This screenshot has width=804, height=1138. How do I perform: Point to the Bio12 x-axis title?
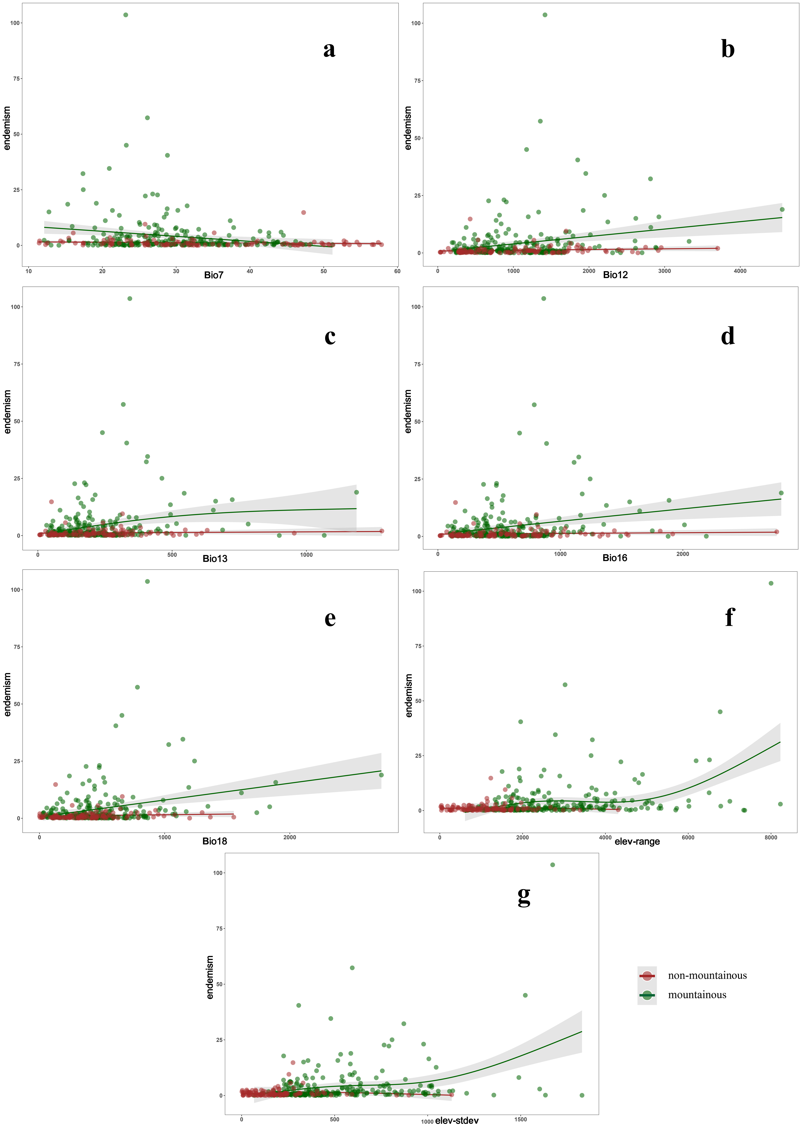tap(615, 275)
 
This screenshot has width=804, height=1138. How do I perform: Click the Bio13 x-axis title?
tap(215, 559)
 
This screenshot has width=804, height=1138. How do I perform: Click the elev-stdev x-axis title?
tap(457, 1121)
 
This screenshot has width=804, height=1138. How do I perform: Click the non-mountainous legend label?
tap(707, 975)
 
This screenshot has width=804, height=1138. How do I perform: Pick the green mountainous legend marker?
tap(646, 995)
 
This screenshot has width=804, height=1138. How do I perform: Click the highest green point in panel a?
tap(126, 15)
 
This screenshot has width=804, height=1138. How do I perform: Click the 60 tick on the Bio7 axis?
tap(397, 271)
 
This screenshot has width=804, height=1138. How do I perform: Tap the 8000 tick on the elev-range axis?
tap(771, 838)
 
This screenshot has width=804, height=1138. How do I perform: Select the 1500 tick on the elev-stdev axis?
tap(521, 1119)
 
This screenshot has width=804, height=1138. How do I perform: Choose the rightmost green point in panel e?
tap(381, 775)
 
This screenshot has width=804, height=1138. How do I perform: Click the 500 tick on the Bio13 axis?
tap(172, 555)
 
